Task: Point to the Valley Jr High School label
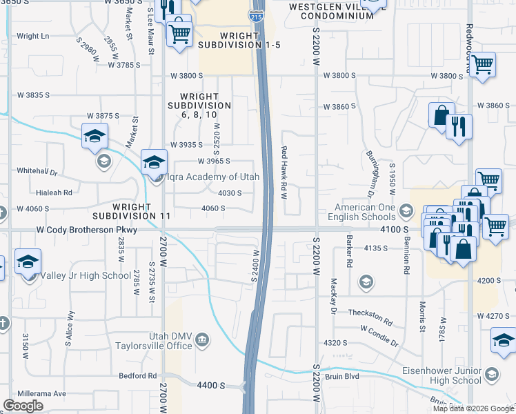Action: point(85,275)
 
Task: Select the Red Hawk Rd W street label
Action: point(284,171)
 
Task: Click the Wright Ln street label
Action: point(33,36)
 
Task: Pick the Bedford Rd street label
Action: point(138,376)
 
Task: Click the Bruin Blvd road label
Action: point(353,377)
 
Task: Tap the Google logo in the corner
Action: point(23,405)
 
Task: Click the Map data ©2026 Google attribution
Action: point(473,408)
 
